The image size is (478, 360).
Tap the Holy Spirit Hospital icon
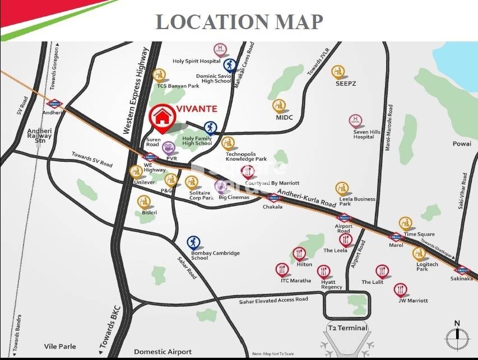(x=219, y=50)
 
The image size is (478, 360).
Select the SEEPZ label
(x=346, y=83)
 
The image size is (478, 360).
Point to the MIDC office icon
(x=279, y=105)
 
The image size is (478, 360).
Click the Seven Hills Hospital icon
(x=355, y=121)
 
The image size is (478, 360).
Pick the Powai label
(x=462, y=144)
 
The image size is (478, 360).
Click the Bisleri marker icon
(x=144, y=202)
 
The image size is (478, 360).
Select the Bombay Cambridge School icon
(x=193, y=242)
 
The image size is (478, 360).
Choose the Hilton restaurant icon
(x=299, y=254)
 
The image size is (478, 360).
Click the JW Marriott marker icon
(x=400, y=289)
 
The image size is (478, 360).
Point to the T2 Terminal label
(x=347, y=328)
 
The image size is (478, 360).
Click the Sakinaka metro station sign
(x=461, y=269)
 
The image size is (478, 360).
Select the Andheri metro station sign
(x=54, y=104)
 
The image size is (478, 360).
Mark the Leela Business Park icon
(x=342, y=189)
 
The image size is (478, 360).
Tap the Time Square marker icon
(x=406, y=223)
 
